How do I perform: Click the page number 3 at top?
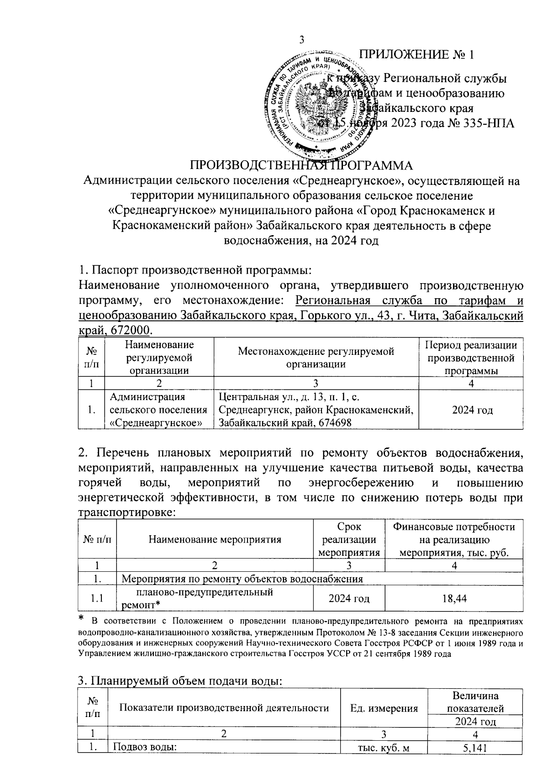coord(301,40)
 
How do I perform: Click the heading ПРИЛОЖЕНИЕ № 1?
coord(416,55)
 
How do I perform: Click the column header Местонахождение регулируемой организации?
coord(316,358)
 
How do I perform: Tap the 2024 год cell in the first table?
coord(472,410)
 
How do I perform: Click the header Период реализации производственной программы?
coord(472,358)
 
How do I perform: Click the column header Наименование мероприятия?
coord(215,539)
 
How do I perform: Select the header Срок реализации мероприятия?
coord(349,539)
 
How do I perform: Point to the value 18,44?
coord(454,598)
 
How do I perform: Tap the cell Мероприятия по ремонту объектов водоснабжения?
coord(242,579)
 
